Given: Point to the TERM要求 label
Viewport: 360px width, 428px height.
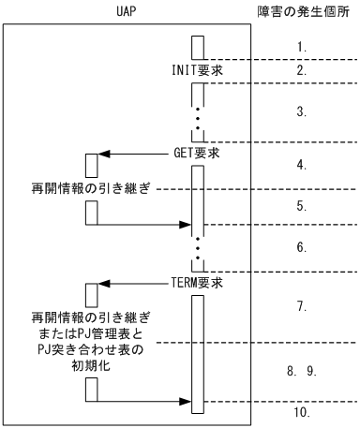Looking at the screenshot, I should point(167,279).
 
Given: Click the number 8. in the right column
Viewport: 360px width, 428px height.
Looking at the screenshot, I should point(291,371).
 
